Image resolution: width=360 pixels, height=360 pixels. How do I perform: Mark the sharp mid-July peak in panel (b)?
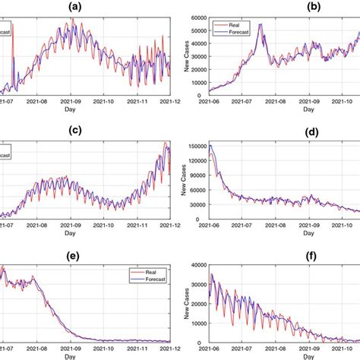(x=261, y=24)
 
